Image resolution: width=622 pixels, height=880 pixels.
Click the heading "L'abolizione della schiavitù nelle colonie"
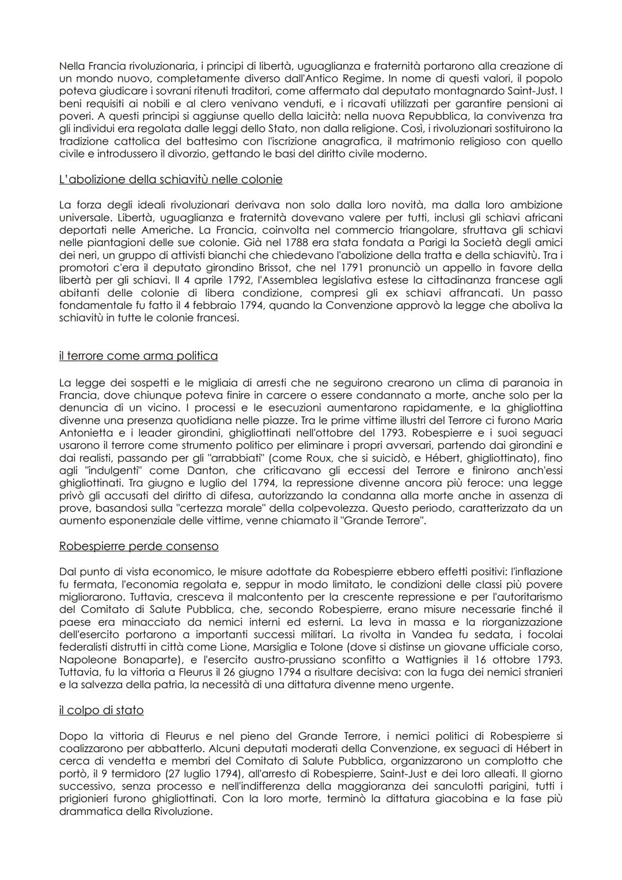click(170, 179)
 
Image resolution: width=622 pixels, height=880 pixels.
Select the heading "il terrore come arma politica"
click(138, 356)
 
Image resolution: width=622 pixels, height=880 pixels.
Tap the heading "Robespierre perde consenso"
click(139, 546)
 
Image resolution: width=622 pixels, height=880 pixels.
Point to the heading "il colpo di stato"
click(101, 710)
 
